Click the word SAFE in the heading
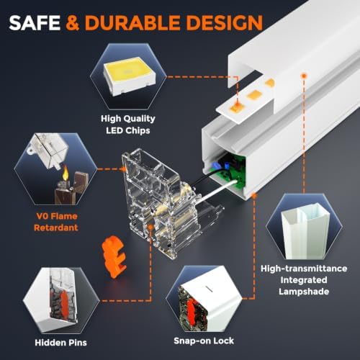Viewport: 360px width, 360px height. point(35,23)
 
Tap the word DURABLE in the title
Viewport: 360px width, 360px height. point(132,23)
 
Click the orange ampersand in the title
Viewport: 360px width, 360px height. point(73,23)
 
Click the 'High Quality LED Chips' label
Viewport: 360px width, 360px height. point(128,125)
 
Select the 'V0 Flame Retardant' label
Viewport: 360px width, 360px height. point(56,222)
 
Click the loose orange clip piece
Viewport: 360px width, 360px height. point(114,256)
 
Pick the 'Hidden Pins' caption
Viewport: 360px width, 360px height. point(60,343)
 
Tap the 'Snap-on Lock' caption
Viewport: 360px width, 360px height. point(204,341)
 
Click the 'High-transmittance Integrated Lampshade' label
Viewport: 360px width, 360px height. point(304,280)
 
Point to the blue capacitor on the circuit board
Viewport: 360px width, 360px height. point(215,166)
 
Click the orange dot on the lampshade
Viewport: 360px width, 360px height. point(304,76)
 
